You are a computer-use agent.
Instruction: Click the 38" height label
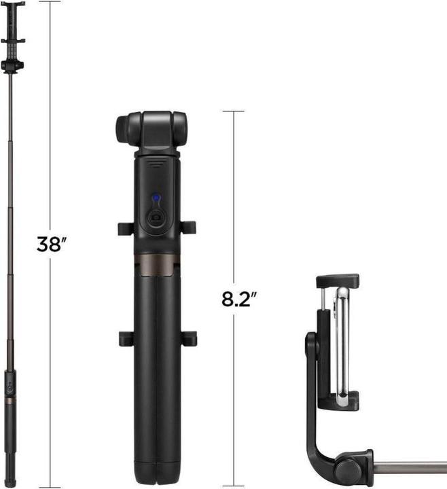(x=50, y=244)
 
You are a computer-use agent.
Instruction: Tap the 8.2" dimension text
(x=238, y=300)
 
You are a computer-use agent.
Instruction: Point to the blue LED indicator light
(x=156, y=199)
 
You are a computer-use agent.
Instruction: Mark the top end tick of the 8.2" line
(x=234, y=111)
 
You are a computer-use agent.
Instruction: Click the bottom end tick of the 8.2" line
(x=234, y=486)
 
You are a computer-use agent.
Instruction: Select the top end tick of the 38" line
(x=49, y=2)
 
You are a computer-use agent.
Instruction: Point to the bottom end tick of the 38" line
(x=49, y=486)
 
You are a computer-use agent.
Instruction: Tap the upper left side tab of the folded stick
(x=124, y=228)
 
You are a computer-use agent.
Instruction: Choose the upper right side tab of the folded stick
(x=190, y=228)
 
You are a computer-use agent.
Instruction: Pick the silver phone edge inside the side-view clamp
(x=344, y=340)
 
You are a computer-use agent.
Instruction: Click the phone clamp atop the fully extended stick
(x=13, y=24)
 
